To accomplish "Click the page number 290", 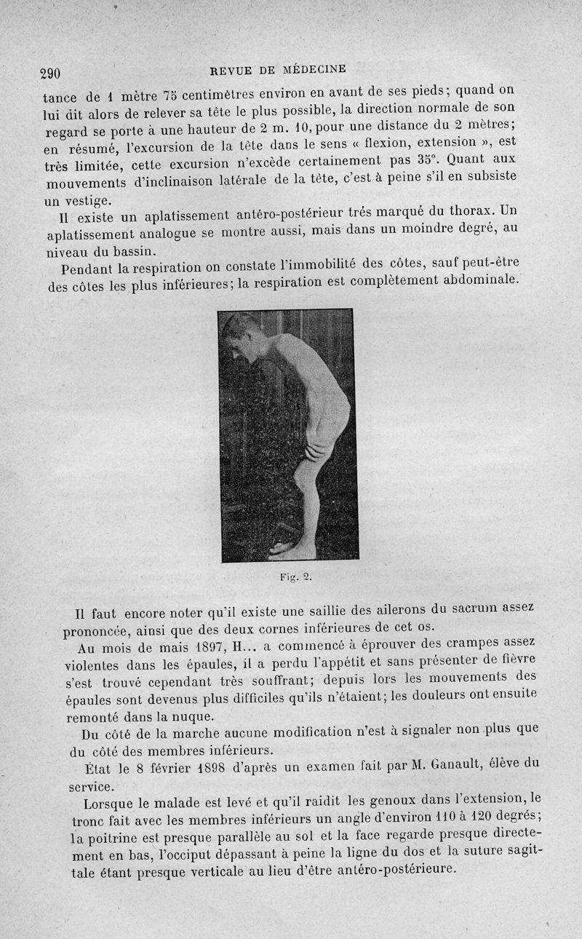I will coord(50,74).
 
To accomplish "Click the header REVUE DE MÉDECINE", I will coord(278,70).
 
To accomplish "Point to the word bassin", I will coord(132,251).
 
